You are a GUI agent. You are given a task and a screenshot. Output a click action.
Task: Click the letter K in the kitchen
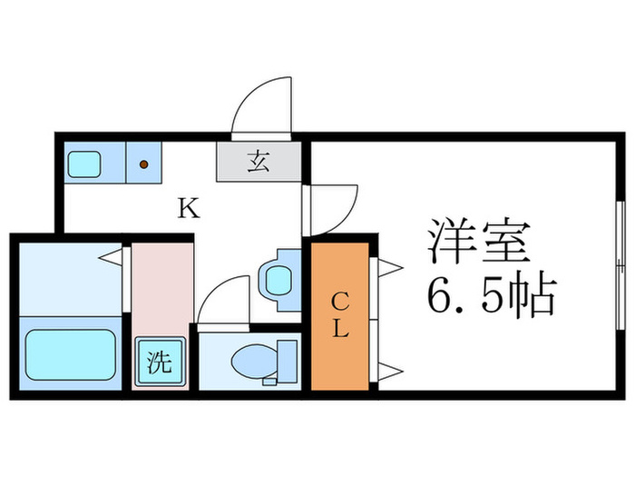point(189,207)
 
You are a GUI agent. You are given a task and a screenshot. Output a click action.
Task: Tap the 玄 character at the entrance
point(259,161)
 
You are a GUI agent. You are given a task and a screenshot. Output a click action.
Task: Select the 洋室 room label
point(480,242)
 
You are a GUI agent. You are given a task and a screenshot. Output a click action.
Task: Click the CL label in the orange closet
point(340,315)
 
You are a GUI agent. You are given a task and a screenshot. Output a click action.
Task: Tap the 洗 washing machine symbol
point(160,361)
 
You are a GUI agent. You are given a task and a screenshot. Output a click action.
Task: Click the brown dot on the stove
point(143,164)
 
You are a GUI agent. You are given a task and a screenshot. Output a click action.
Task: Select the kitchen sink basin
point(84,164)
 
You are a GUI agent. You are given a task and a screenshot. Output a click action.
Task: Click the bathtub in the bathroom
point(71,354)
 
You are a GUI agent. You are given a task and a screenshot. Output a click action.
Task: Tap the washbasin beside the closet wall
point(279,280)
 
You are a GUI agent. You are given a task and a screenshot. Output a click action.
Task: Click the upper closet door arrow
point(390,268)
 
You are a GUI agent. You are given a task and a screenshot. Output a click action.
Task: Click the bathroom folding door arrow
point(110,257)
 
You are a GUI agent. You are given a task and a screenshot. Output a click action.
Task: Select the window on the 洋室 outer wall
point(620,265)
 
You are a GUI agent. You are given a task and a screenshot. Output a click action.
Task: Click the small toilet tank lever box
point(269,382)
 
